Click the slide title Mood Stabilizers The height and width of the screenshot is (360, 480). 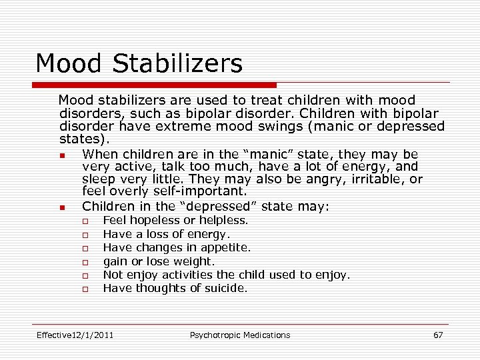pyautogui.click(x=139, y=64)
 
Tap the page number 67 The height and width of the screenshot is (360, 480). pyautogui.click(x=438, y=335)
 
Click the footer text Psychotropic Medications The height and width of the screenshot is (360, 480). pyautogui.click(x=240, y=335)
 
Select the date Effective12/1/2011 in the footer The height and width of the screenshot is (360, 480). pyautogui.click(x=75, y=335)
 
